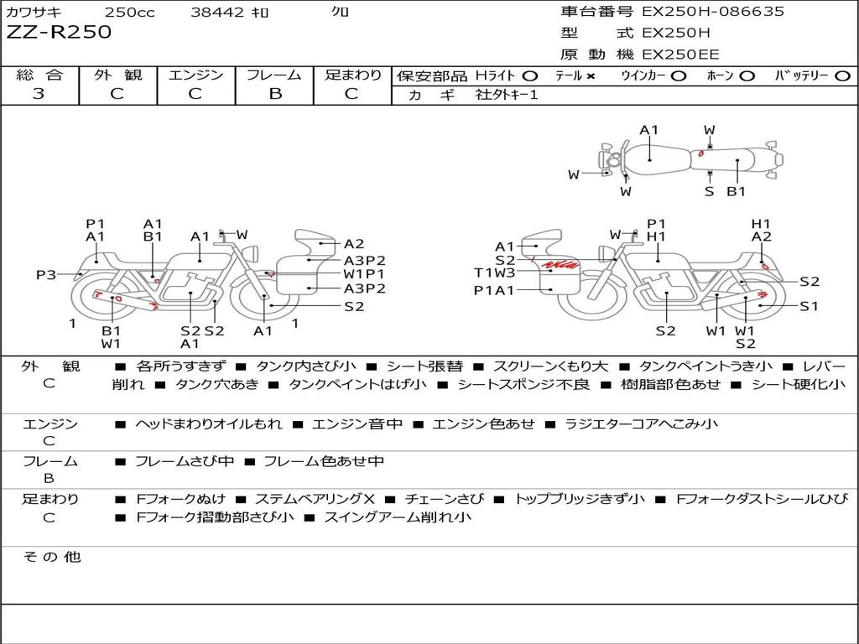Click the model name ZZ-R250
tap(59, 33)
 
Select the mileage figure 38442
tap(217, 12)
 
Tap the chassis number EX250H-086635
tap(713, 12)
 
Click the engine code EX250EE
tap(680, 55)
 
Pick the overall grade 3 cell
tap(39, 94)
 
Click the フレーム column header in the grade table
tap(273, 75)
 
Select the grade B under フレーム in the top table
tap(274, 94)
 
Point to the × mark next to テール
tap(591, 76)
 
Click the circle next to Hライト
tap(530, 76)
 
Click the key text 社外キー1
tap(507, 95)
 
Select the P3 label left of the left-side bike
tap(46, 275)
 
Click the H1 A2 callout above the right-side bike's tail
tap(761, 230)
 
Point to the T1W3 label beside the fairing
tap(494, 273)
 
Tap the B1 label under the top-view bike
tap(736, 192)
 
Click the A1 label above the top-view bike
tap(649, 130)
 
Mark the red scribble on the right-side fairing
tap(560, 266)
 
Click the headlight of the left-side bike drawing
tap(249, 253)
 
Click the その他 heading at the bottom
tap(51, 557)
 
